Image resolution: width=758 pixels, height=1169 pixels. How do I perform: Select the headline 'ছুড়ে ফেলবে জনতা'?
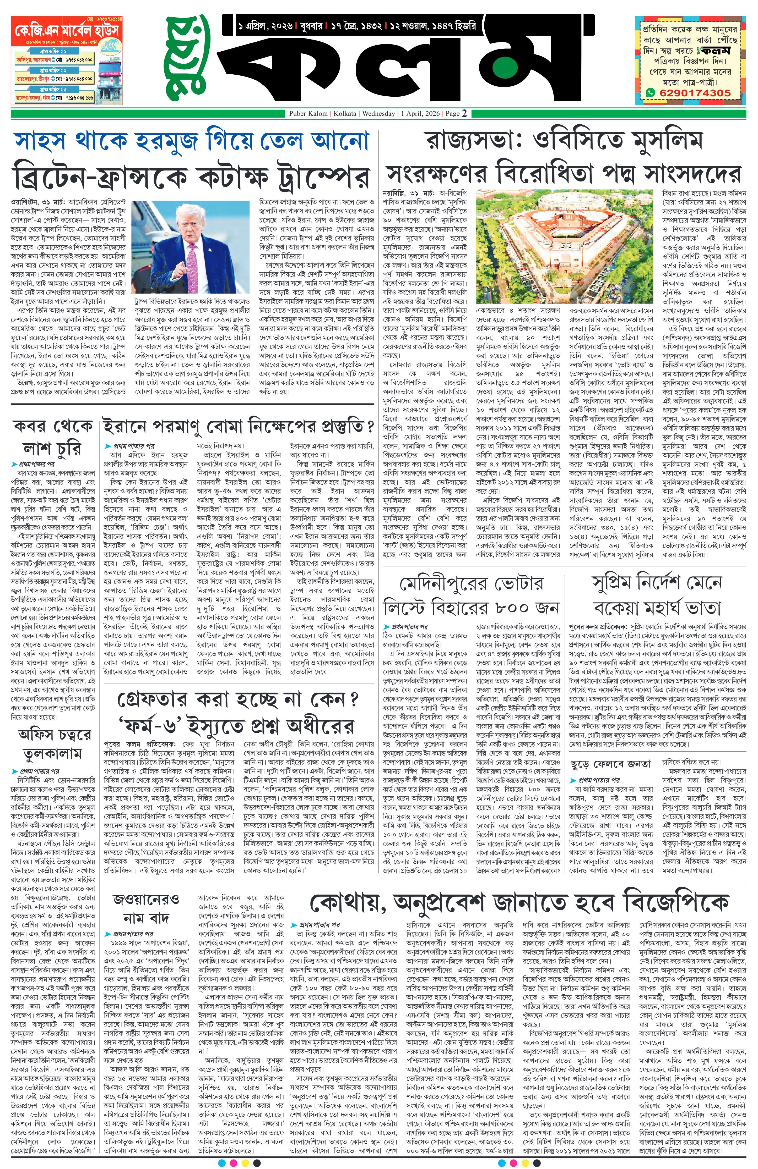coord(610,764)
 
